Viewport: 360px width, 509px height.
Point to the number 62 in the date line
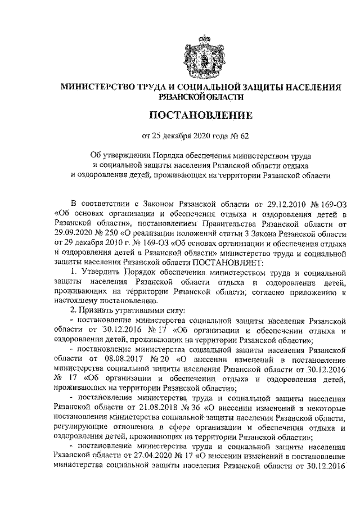click(255, 135)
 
